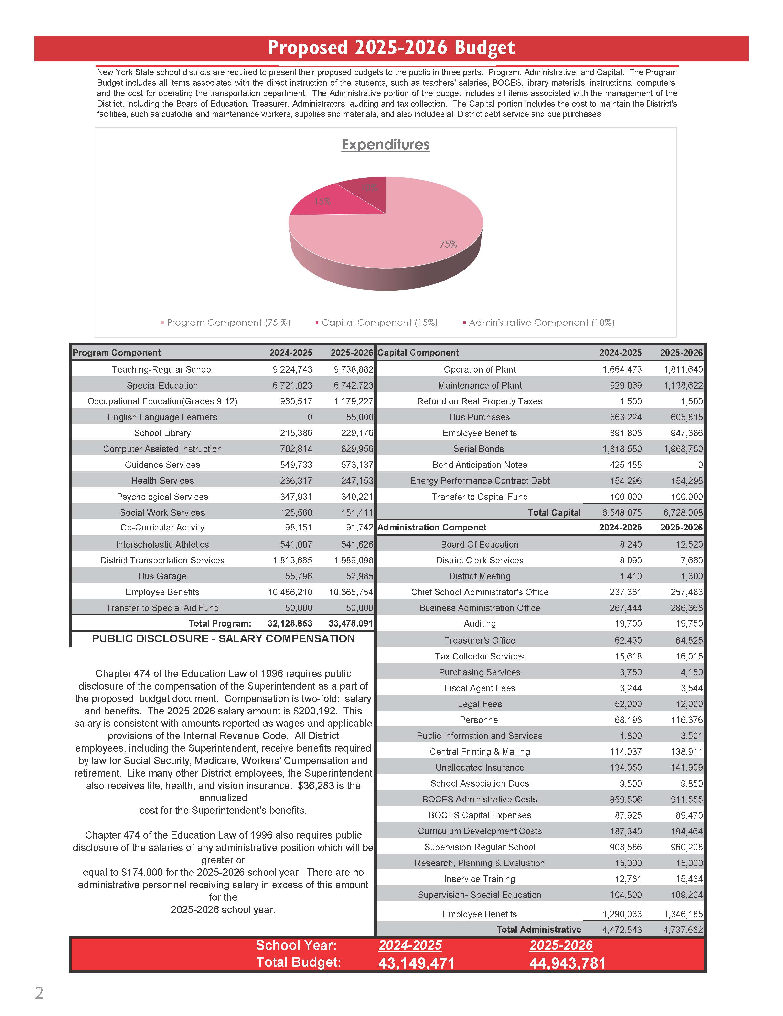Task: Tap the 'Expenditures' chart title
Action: click(x=385, y=145)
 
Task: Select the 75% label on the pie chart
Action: click(x=448, y=244)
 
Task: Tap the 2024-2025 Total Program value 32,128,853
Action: click(x=290, y=623)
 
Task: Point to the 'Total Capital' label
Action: click(x=554, y=513)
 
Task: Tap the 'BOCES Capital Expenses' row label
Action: click(x=480, y=815)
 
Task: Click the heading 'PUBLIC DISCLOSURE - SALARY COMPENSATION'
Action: click(x=223, y=639)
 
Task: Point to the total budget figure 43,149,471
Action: click(x=416, y=963)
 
